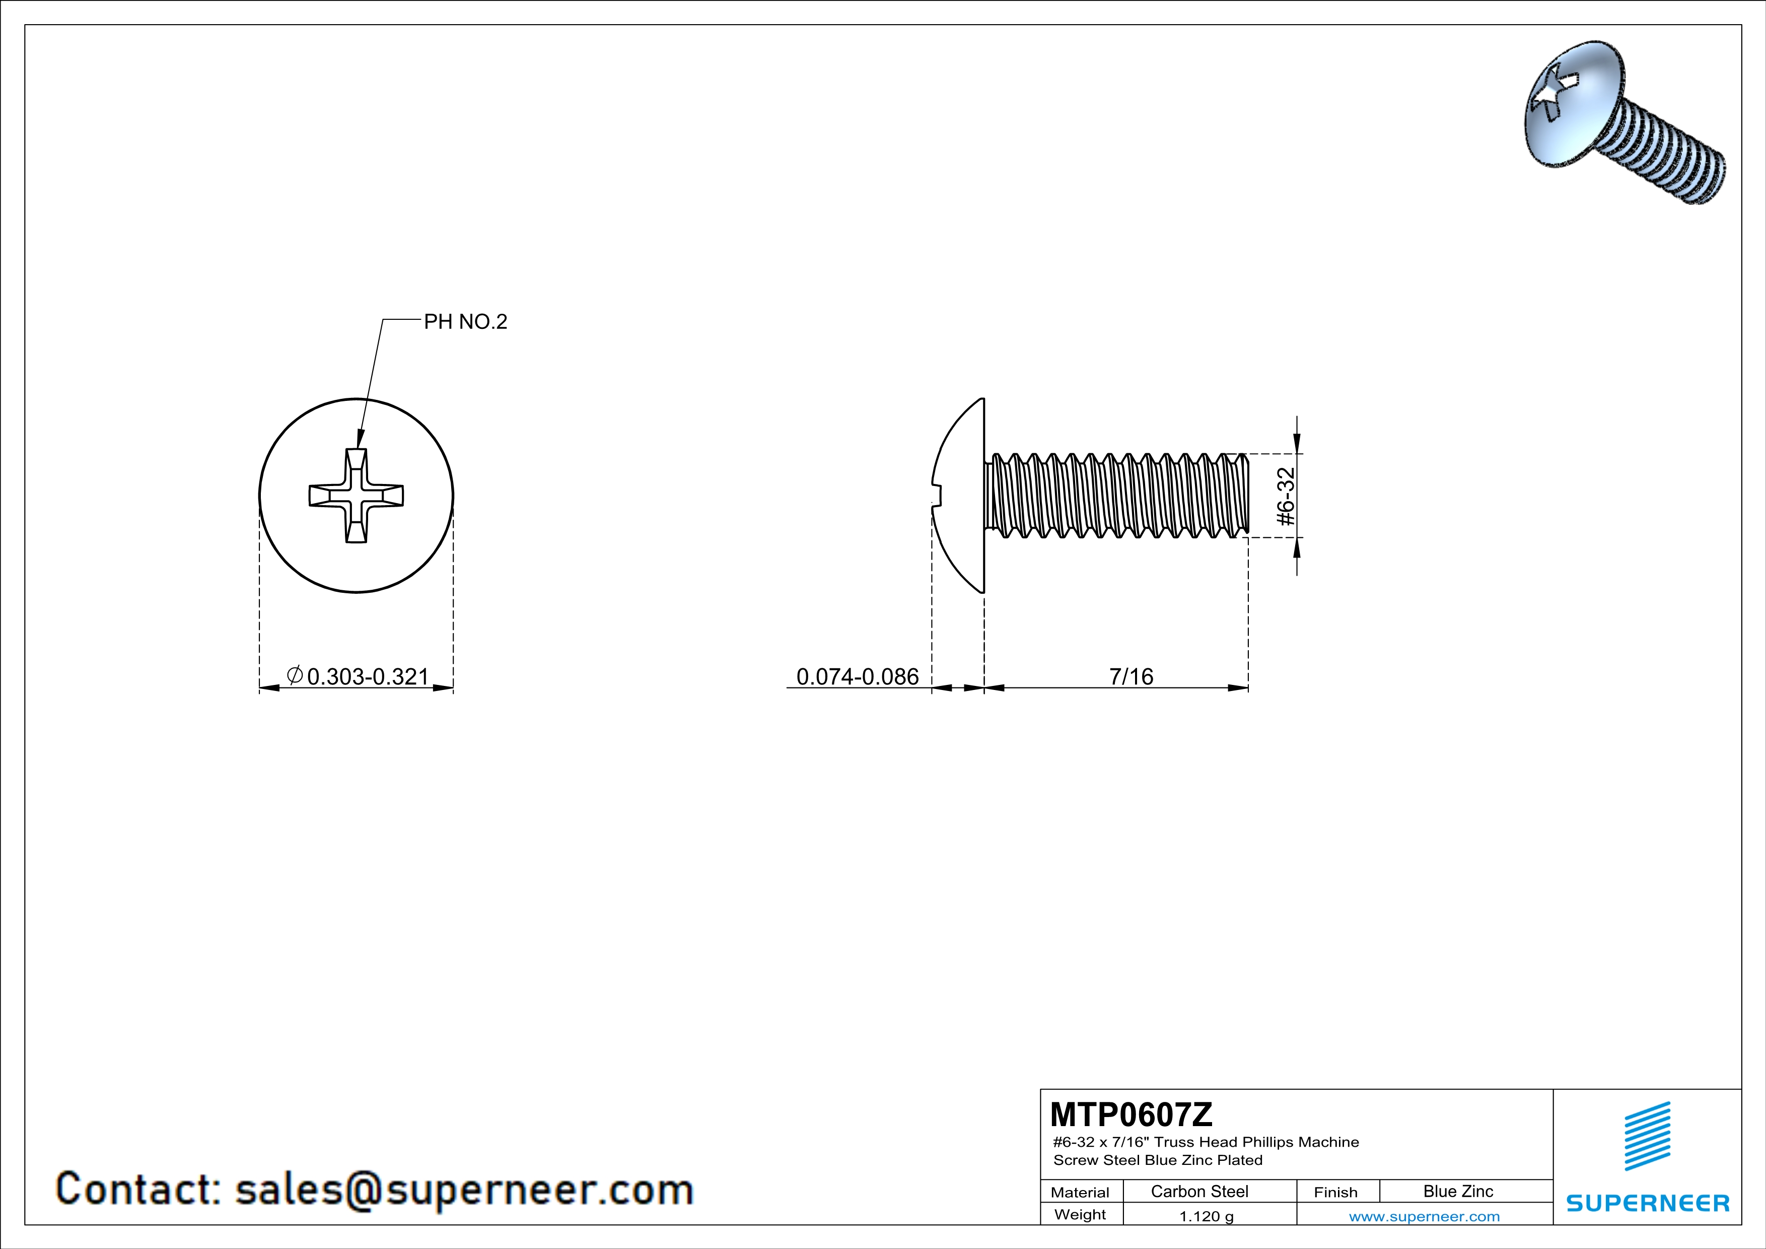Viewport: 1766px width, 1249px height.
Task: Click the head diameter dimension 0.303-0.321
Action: [x=367, y=677]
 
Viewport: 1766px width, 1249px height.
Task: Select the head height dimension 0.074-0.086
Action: [x=858, y=677]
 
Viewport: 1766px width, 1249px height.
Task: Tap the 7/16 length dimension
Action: [x=1131, y=677]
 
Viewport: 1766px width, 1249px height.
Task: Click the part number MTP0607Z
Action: [x=1131, y=1114]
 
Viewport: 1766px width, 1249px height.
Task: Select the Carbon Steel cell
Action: [x=1199, y=1191]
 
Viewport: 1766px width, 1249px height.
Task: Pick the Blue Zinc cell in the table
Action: [x=1458, y=1191]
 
